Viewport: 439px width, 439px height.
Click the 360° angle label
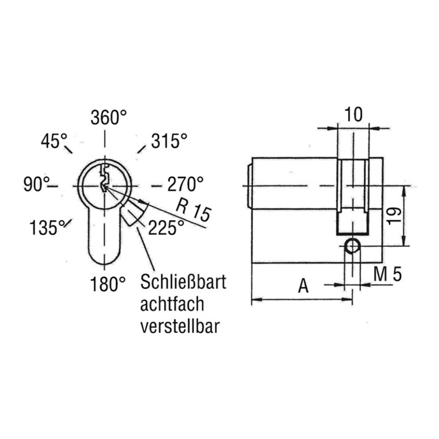[109, 117]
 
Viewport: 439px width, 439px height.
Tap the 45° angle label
[54, 141]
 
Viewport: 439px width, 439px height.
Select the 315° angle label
[170, 141]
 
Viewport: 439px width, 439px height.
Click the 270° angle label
[185, 184]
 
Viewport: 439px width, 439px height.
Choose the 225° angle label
[166, 227]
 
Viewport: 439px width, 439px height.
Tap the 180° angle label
[108, 284]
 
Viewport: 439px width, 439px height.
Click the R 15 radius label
[193, 210]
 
